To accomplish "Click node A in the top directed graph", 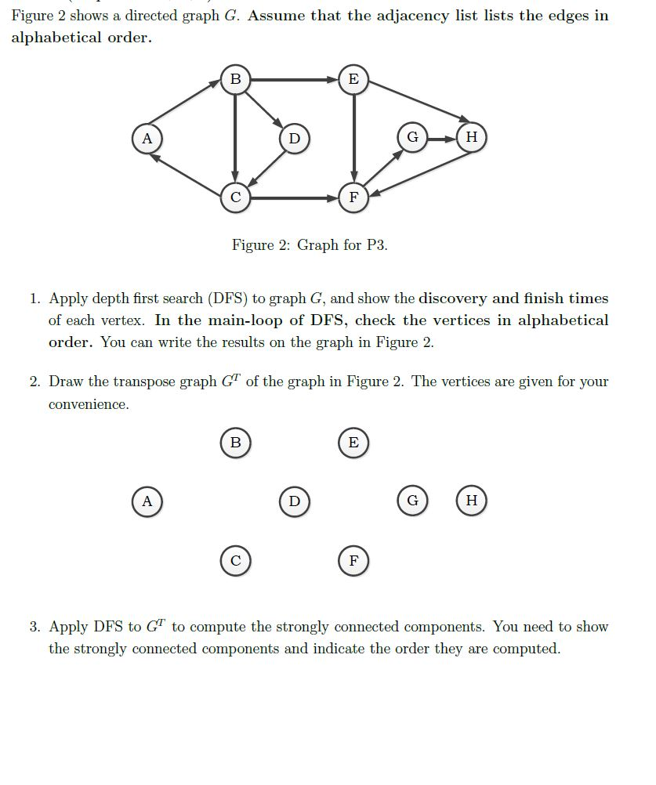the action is point(146,139).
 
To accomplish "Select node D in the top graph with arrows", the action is point(294,139).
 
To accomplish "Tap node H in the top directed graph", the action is point(470,137).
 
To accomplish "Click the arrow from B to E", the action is point(294,79).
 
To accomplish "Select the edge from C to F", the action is point(294,198).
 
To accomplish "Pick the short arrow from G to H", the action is point(441,138).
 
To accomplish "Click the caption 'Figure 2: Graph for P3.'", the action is point(310,245).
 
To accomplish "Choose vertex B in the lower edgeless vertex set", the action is point(235,442).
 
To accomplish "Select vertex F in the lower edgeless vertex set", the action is point(353,561).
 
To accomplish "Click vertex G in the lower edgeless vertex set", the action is point(412,501).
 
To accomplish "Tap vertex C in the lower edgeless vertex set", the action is point(235,561).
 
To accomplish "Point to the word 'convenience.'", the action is point(89,405).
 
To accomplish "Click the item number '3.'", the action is point(35,627).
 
